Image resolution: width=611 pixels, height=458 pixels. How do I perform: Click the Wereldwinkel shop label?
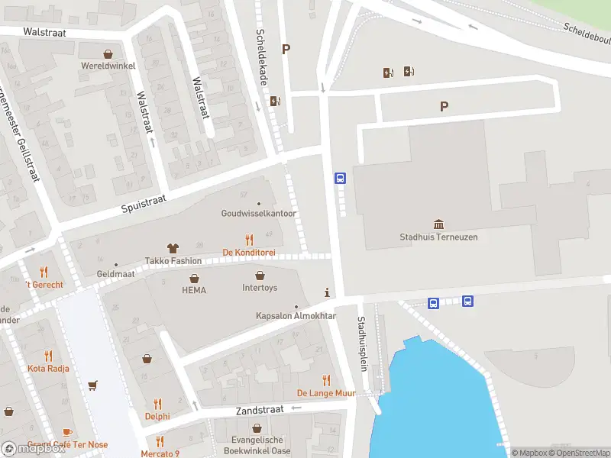click(108, 66)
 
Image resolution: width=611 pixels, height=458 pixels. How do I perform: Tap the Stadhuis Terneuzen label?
click(438, 237)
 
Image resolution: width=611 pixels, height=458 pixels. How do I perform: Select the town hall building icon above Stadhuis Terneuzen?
click(438, 224)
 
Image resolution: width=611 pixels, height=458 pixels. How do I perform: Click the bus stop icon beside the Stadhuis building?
click(340, 179)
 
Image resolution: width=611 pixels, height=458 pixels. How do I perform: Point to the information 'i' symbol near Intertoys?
click(328, 292)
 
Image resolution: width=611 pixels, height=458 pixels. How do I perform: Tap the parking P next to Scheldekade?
click(286, 50)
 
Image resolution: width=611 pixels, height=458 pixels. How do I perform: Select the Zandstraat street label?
click(260, 410)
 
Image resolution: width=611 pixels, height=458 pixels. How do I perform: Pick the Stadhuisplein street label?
click(364, 343)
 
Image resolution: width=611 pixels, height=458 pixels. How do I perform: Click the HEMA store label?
click(194, 290)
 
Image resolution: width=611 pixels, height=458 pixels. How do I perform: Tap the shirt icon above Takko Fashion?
click(173, 248)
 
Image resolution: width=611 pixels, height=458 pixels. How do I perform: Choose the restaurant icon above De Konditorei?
click(249, 240)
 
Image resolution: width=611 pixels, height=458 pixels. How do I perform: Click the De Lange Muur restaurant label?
click(326, 393)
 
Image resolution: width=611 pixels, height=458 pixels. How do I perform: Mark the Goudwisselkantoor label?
click(259, 214)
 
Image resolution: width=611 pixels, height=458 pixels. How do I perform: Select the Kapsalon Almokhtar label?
click(296, 316)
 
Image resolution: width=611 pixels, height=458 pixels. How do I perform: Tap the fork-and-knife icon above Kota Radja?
click(48, 356)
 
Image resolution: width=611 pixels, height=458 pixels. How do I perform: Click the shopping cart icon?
click(93, 385)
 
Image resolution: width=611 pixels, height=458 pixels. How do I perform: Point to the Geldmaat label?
click(116, 274)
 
